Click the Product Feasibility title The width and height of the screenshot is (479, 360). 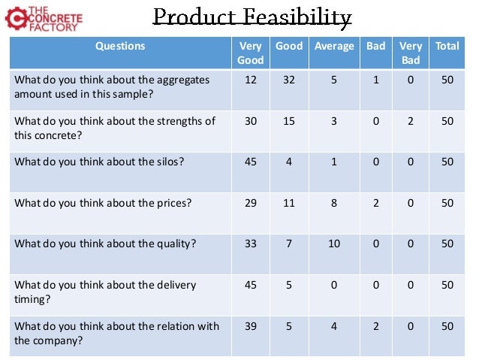click(252, 17)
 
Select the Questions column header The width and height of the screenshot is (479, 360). click(120, 47)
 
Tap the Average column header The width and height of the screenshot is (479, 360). click(333, 47)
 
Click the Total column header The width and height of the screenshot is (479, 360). click(447, 47)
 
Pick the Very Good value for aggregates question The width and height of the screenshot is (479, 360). click(250, 80)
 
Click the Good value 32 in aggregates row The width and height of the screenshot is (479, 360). click(289, 80)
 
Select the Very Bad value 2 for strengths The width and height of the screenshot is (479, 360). click(411, 121)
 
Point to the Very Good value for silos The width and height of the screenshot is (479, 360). click(250, 162)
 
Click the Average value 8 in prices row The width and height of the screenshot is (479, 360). click(333, 202)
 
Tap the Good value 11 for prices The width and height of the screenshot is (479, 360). click(289, 202)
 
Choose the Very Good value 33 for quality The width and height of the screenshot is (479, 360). click(250, 243)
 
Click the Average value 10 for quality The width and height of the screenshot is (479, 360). click(333, 243)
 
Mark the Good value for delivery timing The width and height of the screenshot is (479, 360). click(289, 285)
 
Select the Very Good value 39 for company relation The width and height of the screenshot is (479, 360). click(250, 326)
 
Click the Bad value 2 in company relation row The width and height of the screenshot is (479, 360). click(375, 326)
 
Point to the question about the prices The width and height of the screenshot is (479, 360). click(92, 202)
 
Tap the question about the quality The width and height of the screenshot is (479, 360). click(95, 243)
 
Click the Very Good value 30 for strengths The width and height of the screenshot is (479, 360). click(250, 121)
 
